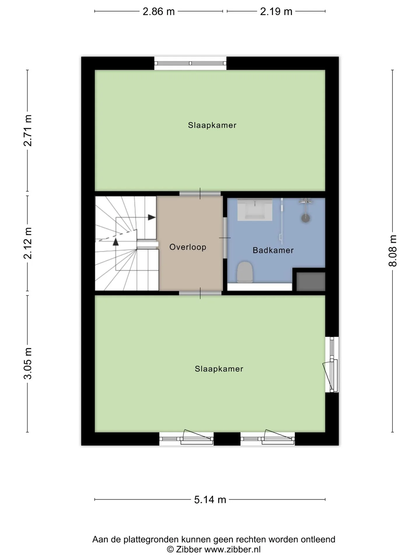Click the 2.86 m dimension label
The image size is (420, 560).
pyautogui.click(x=159, y=12)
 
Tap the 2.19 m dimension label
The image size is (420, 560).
pyautogui.click(x=276, y=12)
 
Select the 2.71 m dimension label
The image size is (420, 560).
pyautogui.click(x=28, y=130)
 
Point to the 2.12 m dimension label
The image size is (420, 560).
pyautogui.click(x=28, y=243)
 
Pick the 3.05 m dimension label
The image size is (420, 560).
pyautogui.click(x=28, y=363)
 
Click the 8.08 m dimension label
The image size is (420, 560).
pyautogui.click(x=393, y=251)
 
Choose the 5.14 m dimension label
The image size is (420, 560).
pyautogui.click(x=210, y=500)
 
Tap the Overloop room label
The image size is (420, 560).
pyautogui.click(x=188, y=247)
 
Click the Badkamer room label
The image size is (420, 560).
pyautogui.click(x=273, y=250)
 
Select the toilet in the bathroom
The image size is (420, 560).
pyautogui.click(x=244, y=272)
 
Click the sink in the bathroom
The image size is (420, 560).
pyautogui.click(x=255, y=209)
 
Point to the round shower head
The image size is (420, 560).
pyautogui.click(x=306, y=218)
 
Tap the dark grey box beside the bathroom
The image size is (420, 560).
pyautogui.click(x=311, y=281)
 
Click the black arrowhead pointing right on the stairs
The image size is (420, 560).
pyautogui.click(x=152, y=217)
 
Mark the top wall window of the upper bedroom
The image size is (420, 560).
pyautogui.click(x=190, y=63)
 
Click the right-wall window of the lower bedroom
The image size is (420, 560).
pyautogui.click(x=332, y=364)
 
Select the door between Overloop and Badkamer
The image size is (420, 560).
pyautogui.click(x=225, y=238)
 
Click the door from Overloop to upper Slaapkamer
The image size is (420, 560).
pyautogui.click(x=200, y=193)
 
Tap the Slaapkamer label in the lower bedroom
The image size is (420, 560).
pyautogui.click(x=219, y=369)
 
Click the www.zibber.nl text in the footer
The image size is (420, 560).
pyautogui.click(x=232, y=549)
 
